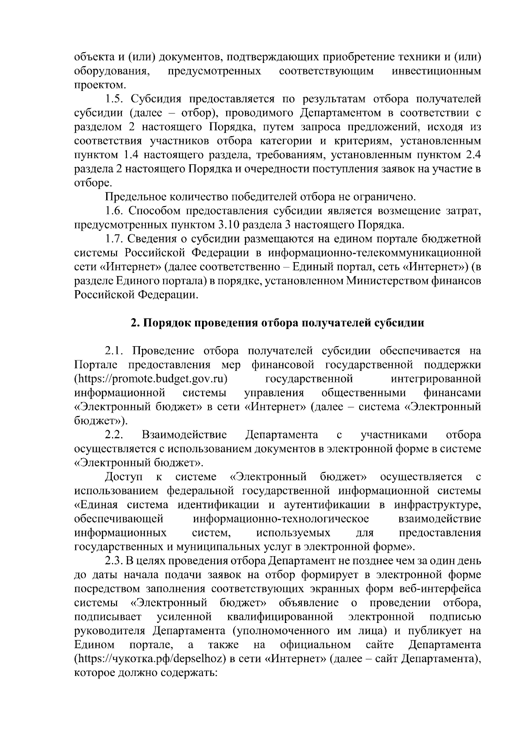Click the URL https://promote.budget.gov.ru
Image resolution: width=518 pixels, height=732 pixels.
tap(151, 379)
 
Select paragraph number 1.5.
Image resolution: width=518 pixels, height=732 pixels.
tap(115, 99)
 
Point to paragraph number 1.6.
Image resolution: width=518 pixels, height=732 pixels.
tap(115, 211)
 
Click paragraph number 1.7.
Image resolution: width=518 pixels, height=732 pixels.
tap(115, 239)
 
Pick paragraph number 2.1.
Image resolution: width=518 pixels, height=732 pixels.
tap(115, 351)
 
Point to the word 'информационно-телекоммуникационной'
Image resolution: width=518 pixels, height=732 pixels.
tap(372, 253)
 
